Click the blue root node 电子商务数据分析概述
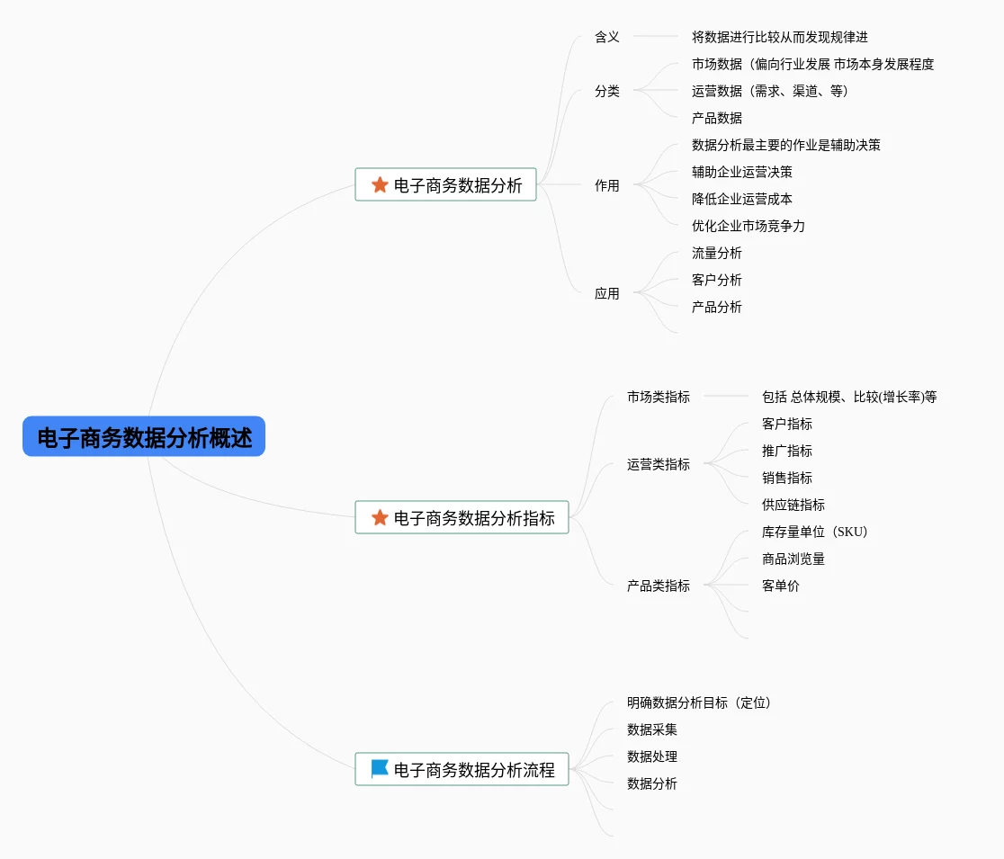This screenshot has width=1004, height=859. click(144, 436)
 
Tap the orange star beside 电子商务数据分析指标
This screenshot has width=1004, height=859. click(380, 517)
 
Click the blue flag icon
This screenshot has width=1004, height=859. click(380, 768)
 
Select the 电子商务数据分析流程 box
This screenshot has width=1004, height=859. click(462, 769)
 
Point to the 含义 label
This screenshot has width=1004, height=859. click(607, 37)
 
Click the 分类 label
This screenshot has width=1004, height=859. click(607, 91)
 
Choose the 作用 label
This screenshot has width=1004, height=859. click(607, 185)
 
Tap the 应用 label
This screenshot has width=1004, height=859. click(607, 294)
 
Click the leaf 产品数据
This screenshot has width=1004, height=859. click(716, 119)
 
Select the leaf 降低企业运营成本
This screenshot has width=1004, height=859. click(742, 199)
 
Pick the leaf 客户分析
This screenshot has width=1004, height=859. click(716, 281)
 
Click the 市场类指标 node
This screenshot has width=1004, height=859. click(659, 397)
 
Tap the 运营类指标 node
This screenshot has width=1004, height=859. click(659, 464)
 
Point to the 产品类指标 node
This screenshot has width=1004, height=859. click(659, 586)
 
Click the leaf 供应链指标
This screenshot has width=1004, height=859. click(793, 505)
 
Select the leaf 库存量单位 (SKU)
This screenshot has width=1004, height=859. click(814, 532)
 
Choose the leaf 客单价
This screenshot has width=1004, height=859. click(781, 586)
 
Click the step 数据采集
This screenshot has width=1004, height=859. click(652, 729)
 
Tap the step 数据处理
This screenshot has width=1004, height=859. click(652, 756)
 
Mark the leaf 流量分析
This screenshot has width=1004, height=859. click(716, 254)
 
